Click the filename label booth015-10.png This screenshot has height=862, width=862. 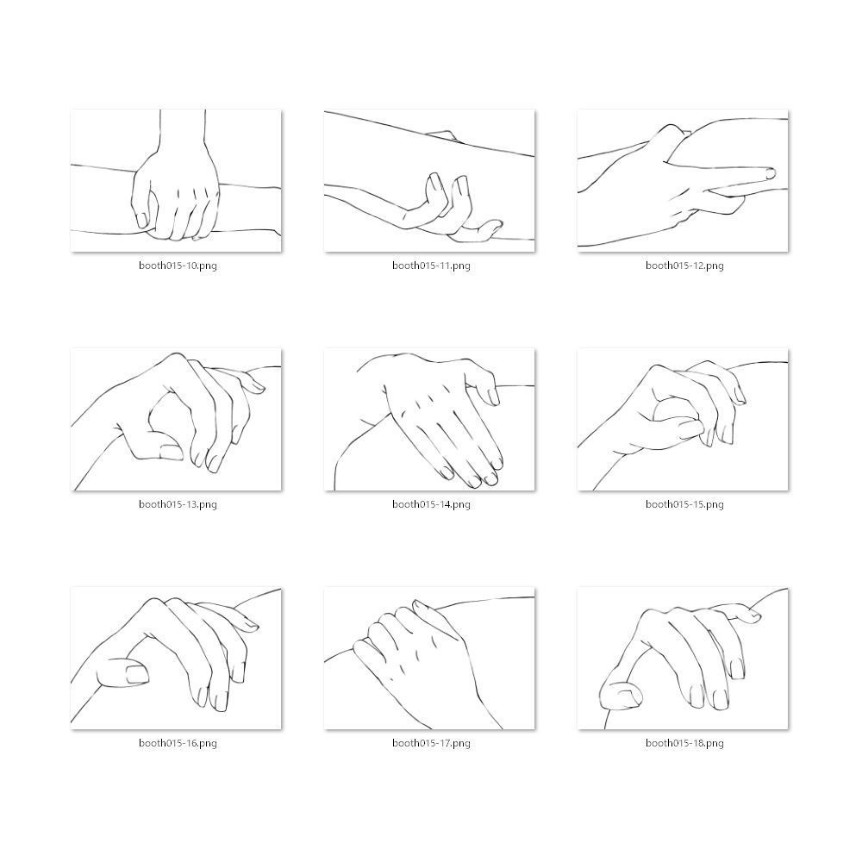(178, 265)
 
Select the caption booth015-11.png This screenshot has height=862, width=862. (431, 265)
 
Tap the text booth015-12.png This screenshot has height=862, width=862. (684, 265)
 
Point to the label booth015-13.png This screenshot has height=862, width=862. (178, 504)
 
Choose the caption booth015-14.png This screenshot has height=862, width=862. (431, 504)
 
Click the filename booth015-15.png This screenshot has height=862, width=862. (684, 504)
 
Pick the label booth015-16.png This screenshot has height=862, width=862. (178, 743)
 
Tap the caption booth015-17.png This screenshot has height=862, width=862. (431, 743)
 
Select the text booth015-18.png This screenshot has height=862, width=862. (684, 743)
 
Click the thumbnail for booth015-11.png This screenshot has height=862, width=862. (429, 181)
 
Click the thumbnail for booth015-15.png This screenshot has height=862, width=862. (683, 420)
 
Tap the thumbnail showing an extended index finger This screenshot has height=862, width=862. (683, 181)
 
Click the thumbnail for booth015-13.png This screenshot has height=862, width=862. (176, 420)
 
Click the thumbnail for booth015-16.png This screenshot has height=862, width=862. (176, 659)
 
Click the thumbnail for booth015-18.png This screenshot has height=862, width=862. (683, 659)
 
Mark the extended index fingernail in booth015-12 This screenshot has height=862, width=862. (771, 174)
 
